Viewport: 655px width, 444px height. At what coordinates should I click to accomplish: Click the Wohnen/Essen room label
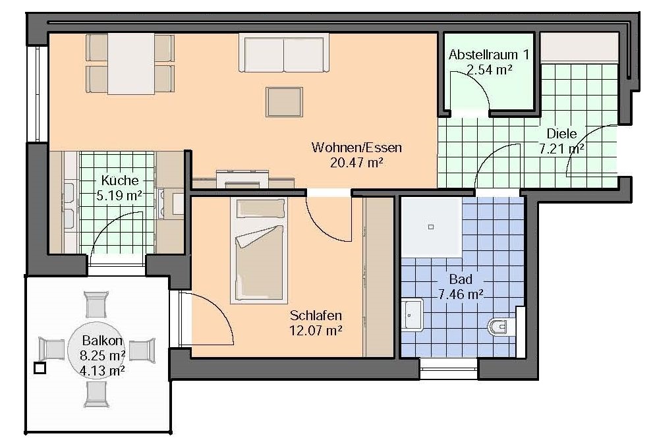click(x=356, y=148)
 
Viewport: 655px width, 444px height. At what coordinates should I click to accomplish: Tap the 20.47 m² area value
click(x=356, y=163)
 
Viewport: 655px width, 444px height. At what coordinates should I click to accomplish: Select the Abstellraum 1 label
click(x=489, y=55)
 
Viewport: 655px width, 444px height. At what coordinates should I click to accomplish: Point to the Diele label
click(x=562, y=134)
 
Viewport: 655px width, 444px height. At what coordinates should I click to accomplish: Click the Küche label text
click(x=120, y=180)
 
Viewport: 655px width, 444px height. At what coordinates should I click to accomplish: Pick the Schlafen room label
click(x=316, y=316)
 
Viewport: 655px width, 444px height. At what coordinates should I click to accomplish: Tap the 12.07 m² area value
click(x=316, y=331)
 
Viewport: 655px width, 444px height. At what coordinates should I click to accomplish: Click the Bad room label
click(x=461, y=279)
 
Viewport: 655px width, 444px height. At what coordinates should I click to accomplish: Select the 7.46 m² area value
click(x=461, y=294)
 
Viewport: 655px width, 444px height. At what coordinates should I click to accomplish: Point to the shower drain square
click(x=431, y=227)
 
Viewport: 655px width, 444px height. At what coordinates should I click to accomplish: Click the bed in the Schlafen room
click(x=259, y=250)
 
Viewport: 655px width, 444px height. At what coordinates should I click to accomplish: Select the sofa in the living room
click(x=283, y=53)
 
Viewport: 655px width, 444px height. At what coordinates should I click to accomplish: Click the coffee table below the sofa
click(x=284, y=102)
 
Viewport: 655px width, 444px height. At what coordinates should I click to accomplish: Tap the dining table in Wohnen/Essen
click(x=131, y=64)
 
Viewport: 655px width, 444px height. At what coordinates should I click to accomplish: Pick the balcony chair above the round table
click(x=96, y=304)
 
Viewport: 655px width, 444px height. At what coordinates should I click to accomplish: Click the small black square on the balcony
click(x=40, y=368)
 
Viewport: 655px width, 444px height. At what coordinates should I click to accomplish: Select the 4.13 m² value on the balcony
click(x=102, y=371)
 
